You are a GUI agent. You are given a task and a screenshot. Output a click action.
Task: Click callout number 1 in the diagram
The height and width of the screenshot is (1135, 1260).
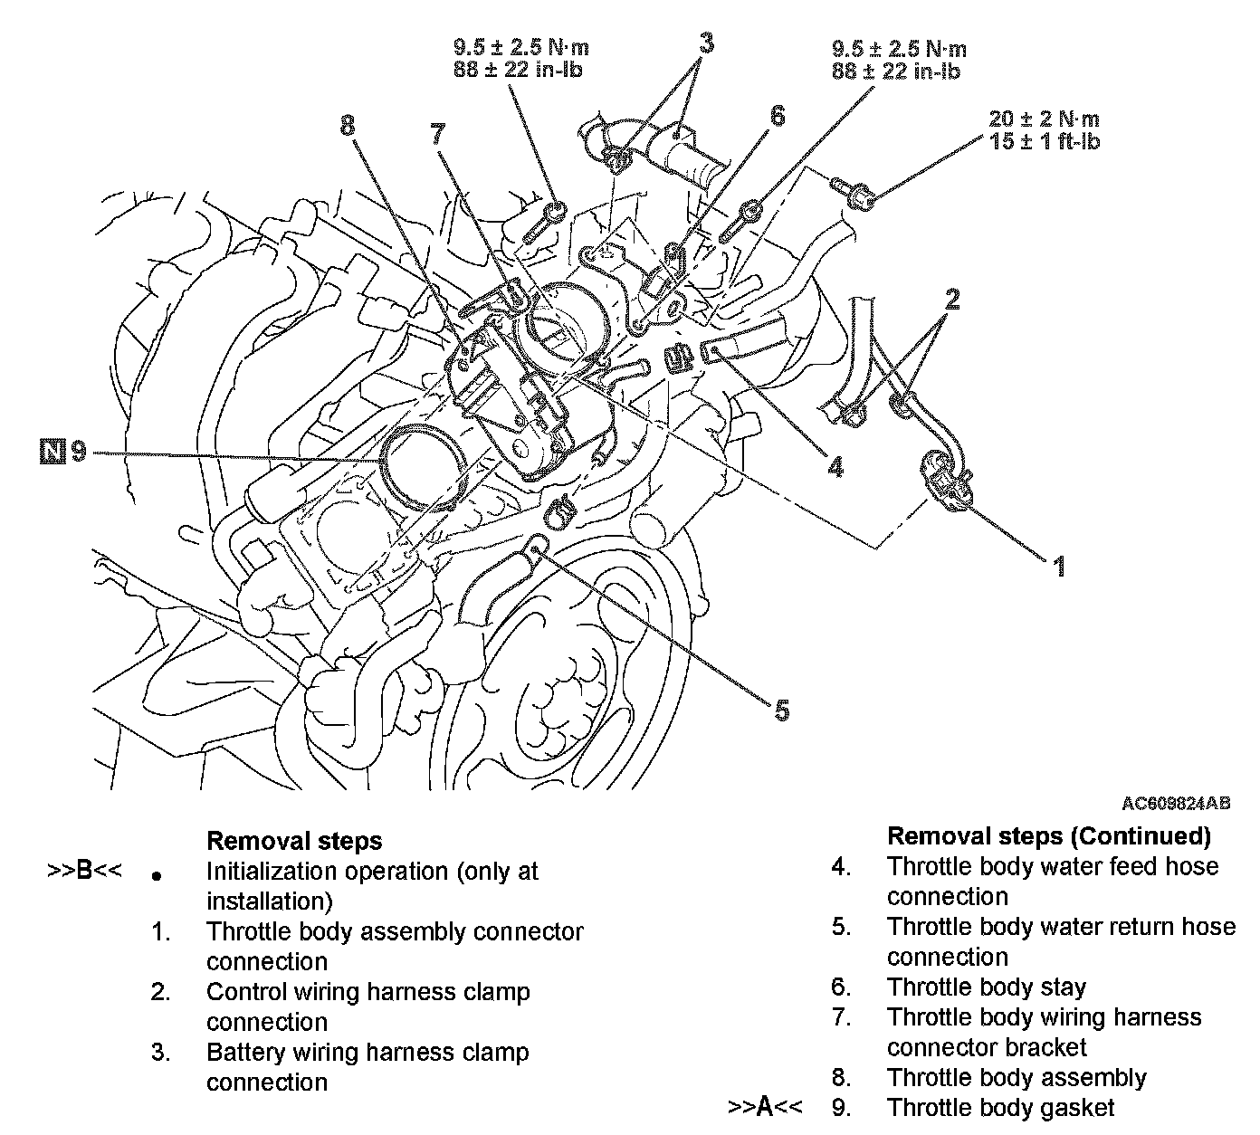(x=1057, y=567)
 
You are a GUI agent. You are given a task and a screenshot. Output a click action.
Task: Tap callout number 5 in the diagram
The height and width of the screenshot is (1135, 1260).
(x=781, y=711)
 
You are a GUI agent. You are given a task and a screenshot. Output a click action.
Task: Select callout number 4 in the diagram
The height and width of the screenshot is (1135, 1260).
(x=835, y=466)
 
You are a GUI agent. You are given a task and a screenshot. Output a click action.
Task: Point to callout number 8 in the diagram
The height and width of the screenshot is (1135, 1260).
(x=348, y=126)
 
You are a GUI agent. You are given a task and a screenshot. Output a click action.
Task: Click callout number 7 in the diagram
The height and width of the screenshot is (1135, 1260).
(x=437, y=135)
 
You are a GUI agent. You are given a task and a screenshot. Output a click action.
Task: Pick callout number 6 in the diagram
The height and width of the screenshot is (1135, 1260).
(x=776, y=116)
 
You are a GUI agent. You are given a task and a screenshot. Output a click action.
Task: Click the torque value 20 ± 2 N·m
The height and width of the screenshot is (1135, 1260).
(x=1045, y=119)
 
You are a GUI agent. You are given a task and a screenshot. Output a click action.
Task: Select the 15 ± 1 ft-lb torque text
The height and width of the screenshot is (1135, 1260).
(x=1045, y=141)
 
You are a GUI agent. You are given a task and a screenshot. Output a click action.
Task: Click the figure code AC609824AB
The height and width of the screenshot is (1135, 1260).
(x=1176, y=803)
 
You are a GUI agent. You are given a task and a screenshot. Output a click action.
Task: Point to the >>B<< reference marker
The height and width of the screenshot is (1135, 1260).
(x=84, y=872)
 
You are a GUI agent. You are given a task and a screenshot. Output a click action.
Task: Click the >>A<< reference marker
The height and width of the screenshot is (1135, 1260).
(x=766, y=1106)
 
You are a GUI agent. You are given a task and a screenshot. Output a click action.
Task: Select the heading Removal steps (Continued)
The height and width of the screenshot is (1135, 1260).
(x=1048, y=835)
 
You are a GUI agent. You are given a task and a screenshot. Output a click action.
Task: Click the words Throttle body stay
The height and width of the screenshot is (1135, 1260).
(x=986, y=987)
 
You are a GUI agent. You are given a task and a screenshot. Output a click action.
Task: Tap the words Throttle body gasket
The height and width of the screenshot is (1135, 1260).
(x=1000, y=1107)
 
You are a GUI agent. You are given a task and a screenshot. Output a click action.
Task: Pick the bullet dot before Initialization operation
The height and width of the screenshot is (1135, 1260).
(x=157, y=876)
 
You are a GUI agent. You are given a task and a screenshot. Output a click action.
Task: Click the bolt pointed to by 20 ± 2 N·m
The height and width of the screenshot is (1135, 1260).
(x=853, y=192)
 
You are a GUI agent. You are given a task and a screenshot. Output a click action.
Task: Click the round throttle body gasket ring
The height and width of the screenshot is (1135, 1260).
(x=423, y=462)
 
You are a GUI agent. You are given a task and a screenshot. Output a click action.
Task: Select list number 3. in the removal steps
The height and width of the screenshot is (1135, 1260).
(x=161, y=1053)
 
